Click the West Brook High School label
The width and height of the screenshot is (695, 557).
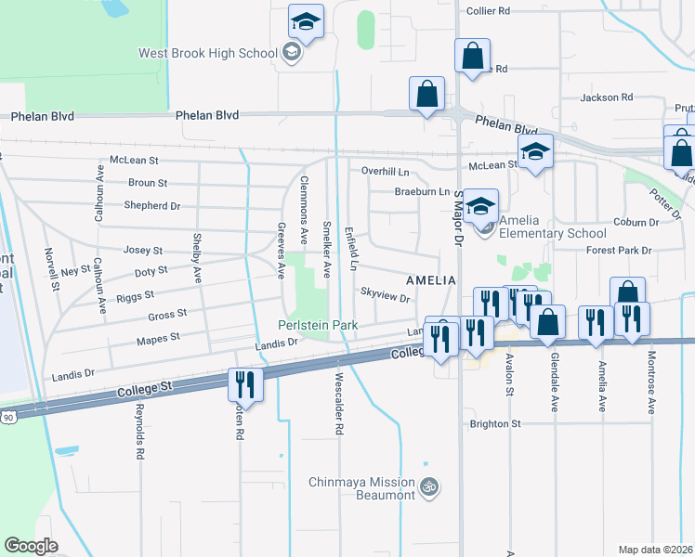pos(207,53)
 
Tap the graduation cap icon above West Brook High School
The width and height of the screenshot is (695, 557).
pos(304,20)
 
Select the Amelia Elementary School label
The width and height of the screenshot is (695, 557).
pos(552,227)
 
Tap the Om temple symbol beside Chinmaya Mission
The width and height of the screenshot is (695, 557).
pos(429,486)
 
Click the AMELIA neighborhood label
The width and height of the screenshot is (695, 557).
pos(430,279)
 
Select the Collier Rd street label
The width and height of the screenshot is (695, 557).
pos(489,11)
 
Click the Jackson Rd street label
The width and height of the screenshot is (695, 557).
pos(606,97)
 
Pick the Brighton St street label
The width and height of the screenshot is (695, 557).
pos(495,423)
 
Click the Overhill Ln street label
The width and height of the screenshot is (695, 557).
pos(385,172)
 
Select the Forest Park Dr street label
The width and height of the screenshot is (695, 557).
pos(620,250)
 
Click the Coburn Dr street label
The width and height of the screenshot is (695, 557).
pos(636,222)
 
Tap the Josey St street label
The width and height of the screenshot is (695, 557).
pos(143,251)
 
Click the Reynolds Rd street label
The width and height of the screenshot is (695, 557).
pos(139,433)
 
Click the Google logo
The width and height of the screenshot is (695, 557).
pos(31,546)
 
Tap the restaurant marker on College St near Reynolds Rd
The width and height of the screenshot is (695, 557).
pos(246,384)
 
